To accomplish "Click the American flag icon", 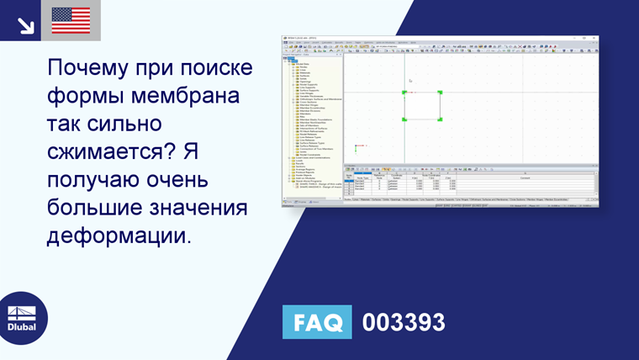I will [x=71, y=20].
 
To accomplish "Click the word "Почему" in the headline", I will [x=89, y=66].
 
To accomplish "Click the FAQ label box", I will [x=317, y=323].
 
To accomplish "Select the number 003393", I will [x=404, y=323].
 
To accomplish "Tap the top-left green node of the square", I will [x=404, y=93].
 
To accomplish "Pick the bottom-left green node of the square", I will [x=404, y=120].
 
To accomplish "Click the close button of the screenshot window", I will [x=594, y=38].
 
